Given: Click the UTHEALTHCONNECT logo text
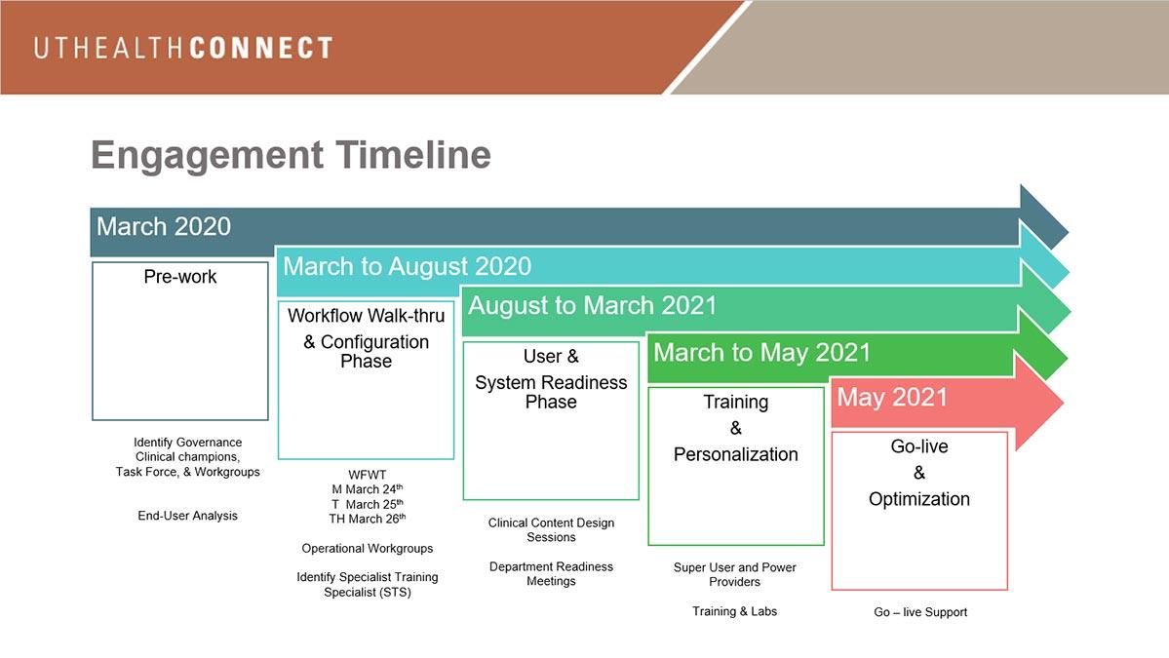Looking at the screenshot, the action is click(x=182, y=49).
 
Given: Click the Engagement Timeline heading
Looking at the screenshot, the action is click(x=291, y=156).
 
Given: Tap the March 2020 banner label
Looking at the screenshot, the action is click(x=163, y=226).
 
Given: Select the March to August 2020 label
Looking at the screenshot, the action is click(x=408, y=266).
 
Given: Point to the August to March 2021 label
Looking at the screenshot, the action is click(x=592, y=305).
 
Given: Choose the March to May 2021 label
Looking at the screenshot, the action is click(x=761, y=353).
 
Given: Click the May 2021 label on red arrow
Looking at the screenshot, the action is click(x=892, y=397).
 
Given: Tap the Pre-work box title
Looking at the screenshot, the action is click(x=179, y=277).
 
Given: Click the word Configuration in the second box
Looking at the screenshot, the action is click(x=375, y=342).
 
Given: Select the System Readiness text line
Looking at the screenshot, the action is click(x=551, y=382).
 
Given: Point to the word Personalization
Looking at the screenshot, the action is click(x=736, y=454).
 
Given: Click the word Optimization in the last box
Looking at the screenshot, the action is click(x=919, y=499).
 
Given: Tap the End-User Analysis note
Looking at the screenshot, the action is click(x=188, y=516).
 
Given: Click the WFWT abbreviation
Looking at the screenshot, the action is click(x=368, y=475).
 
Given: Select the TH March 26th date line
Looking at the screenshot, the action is click(x=368, y=519).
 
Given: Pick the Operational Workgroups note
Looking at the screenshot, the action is click(x=368, y=549).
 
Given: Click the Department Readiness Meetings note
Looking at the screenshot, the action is click(x=551, y=574).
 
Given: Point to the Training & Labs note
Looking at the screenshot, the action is click(x=734, y=612).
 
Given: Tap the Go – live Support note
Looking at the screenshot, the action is click(x=920, y=612).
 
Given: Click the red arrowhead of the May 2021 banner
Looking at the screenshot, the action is click(x=1037, y=403).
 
